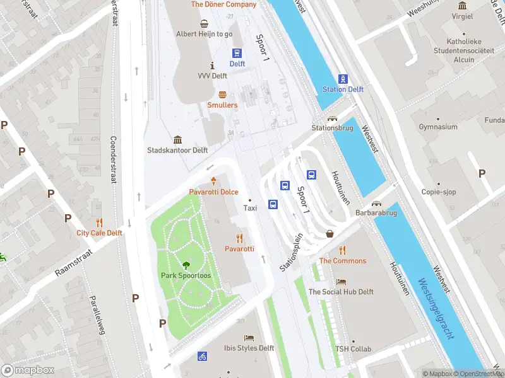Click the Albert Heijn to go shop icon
click(x=204, y=24)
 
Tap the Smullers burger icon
click(x=222, y=94)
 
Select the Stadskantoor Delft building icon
click(x=177, y=139)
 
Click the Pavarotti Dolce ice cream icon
click(x=213, y=181)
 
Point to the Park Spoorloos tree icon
click(x=186, y=265)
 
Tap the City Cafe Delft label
click(x=99, y=232)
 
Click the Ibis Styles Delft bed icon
click(x=249, y=338)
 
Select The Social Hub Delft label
click(x=341, y=292)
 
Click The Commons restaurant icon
click(x=342, y=250)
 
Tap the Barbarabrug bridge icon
click(x=377, y=204)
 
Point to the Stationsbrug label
click(x=331, y=128)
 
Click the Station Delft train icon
click(x=343, y=79)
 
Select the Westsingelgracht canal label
click(x=436, y=309)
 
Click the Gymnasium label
click(x=438, y=127)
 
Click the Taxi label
click(x=250, y=208)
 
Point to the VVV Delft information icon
click(x=212, y=66)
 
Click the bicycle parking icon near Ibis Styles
click(x=202, y=356)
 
